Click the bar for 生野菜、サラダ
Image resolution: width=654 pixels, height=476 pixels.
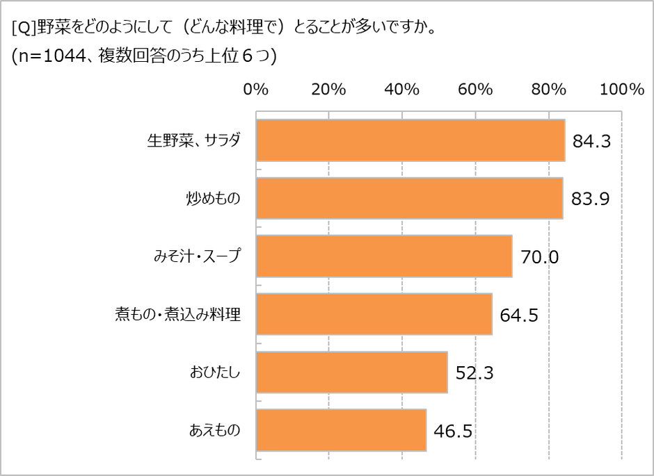click(x=410, y=140)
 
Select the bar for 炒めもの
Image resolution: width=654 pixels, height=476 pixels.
click(x=409, y=198)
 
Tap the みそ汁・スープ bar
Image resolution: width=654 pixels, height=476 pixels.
click(x=384, y=256)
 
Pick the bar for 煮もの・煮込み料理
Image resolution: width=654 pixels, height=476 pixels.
click(x=374, y=314)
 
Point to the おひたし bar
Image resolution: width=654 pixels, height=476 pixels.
click(x=352, y=372)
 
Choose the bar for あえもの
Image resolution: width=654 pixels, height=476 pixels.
click(x=341, y=430)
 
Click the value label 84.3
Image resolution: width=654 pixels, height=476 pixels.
click(x=591, y=141)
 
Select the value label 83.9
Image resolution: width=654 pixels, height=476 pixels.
click(x=590, y=199)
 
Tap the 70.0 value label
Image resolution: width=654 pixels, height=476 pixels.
click(x=539, y=257)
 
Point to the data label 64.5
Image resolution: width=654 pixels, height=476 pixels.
click(x=519, y=315)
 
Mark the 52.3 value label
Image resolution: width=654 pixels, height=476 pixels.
click(x=474, y=373)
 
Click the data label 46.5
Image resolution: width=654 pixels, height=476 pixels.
click(x=453, y=431)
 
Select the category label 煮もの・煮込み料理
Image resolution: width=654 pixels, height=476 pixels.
click(x=177, y=315)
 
